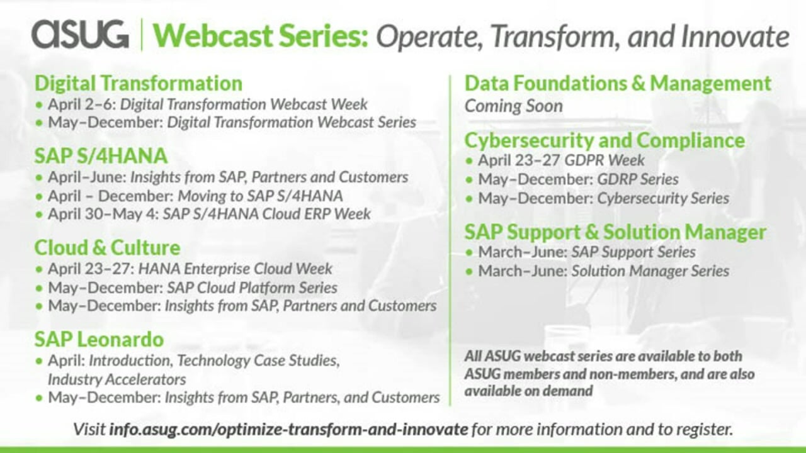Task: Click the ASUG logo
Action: click(80, 34)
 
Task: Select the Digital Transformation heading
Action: click(139, 83)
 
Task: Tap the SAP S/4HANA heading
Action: click(101, 155)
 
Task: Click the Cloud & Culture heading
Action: click(107, 248)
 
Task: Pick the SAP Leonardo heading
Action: click(99, 339)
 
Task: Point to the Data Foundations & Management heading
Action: click(618, 84)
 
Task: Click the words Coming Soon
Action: click(513, 106)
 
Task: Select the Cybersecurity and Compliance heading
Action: click(604, 140)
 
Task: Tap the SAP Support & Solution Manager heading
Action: click(615, 232)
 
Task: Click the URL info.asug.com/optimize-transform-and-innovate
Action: click(288, 429)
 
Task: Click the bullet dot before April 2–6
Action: click(39, 105)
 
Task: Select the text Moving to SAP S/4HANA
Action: click(260, 196)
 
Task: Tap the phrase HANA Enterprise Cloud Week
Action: click(235, 269)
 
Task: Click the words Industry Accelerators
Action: click(117, 379)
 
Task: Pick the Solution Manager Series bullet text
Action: click(650, 271)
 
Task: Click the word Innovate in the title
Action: click(735, 36)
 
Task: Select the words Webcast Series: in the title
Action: click(261, 36)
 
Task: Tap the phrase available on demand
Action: click(528, 391)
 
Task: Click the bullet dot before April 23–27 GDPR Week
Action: click(468, 160)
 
